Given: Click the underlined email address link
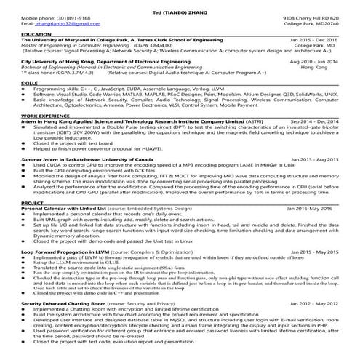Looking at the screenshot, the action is pos(57,24).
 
